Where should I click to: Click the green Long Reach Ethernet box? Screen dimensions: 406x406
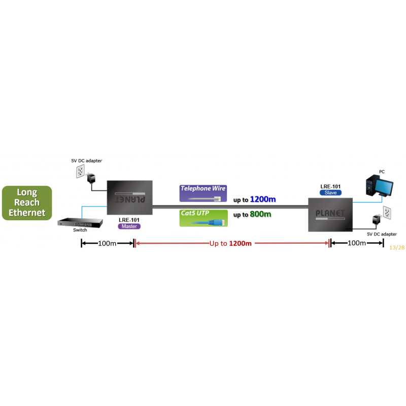click(x=27, y=203)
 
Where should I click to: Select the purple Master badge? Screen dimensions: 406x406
click(x=129, y=226)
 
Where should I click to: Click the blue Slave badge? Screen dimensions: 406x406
click(x=330, y=193)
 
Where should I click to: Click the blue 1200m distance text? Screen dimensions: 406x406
click(x=263, y=199)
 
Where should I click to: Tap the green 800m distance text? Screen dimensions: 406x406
click(x=260, y=214)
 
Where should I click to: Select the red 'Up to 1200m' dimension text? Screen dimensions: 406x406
click(x=230, y=244)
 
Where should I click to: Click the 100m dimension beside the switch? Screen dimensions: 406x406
click(x=107, y=244)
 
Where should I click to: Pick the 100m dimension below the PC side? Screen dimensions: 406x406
click(x=356, y=244)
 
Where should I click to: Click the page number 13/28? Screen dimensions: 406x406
click(x=396, y=248)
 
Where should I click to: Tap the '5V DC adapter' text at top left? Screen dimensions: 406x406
click(x=86, y=161)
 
